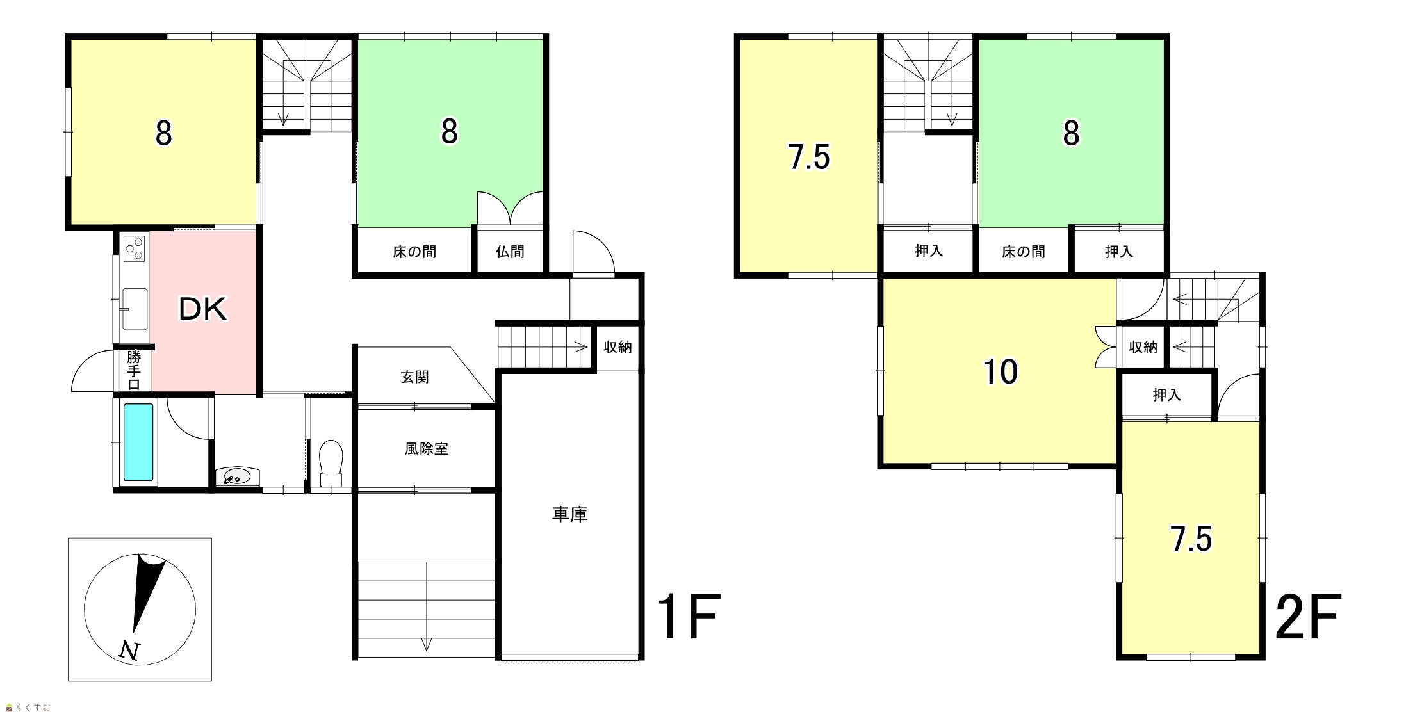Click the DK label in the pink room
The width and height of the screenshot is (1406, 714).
(202, 310)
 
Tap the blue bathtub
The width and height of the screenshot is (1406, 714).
(138, 442)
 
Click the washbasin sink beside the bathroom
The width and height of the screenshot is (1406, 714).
(238, 477)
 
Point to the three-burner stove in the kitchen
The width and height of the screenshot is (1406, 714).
(135, 248)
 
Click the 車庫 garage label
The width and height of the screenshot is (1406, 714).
(569, 514)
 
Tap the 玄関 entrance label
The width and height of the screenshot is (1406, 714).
(414, 378)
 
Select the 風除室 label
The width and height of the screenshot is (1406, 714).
(426, 449)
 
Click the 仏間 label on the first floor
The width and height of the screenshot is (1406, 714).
(510, 252)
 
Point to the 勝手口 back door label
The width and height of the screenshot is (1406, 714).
(133, 370)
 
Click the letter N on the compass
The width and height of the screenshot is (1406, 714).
(130, 651)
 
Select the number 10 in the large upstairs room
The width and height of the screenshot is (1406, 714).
(1000, 372)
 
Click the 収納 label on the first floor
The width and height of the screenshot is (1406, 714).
(617, 347)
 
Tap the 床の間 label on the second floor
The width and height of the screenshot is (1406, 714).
(1023, 252)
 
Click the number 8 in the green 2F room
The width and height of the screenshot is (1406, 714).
(1071, 134)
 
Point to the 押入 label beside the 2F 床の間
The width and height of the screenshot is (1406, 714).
(1118, 252)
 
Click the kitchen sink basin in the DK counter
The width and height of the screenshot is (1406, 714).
(135, 309)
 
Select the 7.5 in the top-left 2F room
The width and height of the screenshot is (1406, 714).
(810, 158)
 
